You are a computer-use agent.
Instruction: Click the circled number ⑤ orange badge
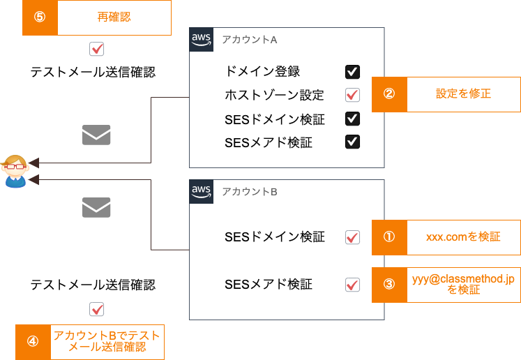40,17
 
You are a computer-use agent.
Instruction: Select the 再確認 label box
114,17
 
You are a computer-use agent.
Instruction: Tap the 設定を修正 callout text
463,93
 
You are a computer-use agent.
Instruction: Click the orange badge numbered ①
389,237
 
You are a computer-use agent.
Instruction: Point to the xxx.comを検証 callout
463,237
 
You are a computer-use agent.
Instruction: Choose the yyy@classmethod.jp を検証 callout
463,284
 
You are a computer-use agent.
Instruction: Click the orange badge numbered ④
33,341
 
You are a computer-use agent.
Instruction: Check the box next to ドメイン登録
353,71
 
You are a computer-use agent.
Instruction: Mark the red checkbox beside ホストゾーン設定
353,95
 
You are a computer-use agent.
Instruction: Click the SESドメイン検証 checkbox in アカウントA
353,119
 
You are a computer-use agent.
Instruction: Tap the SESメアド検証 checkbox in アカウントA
353,142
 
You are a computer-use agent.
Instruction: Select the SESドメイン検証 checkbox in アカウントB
353,237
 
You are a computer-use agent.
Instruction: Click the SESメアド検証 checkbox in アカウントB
353,285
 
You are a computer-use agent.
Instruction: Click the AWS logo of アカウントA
202,40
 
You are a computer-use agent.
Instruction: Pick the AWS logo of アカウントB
202,191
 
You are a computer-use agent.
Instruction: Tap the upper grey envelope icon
96,135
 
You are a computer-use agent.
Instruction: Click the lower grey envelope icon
96,207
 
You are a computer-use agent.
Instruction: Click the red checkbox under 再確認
97,49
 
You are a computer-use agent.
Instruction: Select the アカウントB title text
250,192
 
